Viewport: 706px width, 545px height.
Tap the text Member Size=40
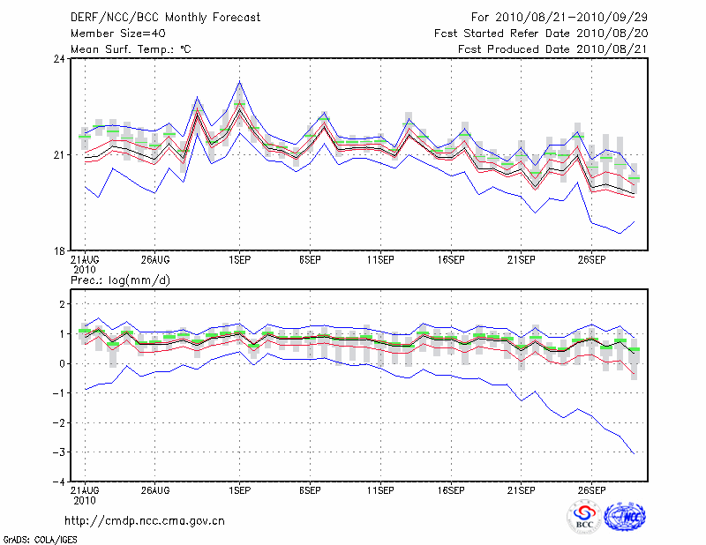(112, 34)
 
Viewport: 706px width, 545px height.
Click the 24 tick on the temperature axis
(59, 59)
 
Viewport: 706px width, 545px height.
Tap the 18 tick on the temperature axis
(59, 251)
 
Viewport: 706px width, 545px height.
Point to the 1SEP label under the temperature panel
(238, 260)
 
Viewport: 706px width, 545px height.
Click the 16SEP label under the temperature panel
(450, 260)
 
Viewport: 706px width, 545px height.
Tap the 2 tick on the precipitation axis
(62, 304)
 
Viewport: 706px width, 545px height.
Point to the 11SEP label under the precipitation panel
(379, 489)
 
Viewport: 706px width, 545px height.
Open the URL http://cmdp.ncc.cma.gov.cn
(145, 520)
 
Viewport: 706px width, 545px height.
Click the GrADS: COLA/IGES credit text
(32, 538)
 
